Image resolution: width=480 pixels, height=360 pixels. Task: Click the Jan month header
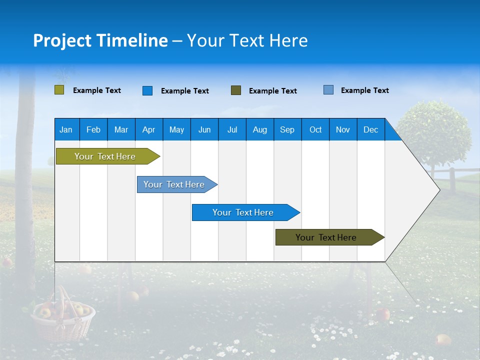point(66,129)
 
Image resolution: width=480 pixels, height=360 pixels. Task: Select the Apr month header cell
point(149,129)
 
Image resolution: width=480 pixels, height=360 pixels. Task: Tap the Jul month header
point(232,129)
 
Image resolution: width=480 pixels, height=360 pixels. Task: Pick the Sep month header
point(287,129)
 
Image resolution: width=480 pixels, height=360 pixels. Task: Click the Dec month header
point(370,129)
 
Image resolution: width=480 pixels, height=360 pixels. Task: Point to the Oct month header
point(315,129)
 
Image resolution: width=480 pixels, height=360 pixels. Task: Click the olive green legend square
point(59,90)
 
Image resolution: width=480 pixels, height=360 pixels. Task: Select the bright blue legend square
point(147,90)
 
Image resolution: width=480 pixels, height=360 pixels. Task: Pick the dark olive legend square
point(236,90)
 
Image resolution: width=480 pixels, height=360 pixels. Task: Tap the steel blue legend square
point(328,90)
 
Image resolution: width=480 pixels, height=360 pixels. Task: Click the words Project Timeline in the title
point(100,40)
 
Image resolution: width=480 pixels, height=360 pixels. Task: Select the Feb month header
point(93,129)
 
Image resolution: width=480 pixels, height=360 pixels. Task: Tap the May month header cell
point(176,129)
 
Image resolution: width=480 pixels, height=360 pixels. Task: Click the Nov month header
point(343,129)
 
